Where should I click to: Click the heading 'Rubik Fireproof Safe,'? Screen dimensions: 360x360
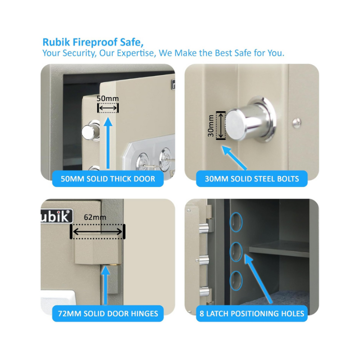tap(93, 42)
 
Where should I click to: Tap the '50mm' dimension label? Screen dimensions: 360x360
tap(108, 99)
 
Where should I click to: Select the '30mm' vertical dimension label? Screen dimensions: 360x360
tap(211, 126)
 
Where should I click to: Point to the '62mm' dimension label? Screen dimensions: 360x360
tap(95, 217)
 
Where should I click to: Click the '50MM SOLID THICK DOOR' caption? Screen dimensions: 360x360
tap(108, 179)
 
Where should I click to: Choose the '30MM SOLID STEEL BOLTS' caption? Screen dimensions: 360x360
tap(252, 179)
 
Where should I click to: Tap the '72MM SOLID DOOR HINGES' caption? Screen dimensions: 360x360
tap(108, 314)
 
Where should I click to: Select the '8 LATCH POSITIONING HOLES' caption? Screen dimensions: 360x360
tap(252, 314)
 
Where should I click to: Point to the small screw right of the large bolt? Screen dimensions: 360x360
tap(297, 123)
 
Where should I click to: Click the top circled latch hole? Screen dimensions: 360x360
tap(236, 222)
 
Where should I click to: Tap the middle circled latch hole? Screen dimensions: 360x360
tap(236, 252)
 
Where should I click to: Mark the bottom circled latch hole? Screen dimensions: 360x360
tap(236, 281)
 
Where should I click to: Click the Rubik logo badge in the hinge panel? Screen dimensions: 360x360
tap(57, 216)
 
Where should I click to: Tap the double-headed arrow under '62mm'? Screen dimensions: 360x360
tap(98, 232)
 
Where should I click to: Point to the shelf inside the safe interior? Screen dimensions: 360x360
tap(279, 248)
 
